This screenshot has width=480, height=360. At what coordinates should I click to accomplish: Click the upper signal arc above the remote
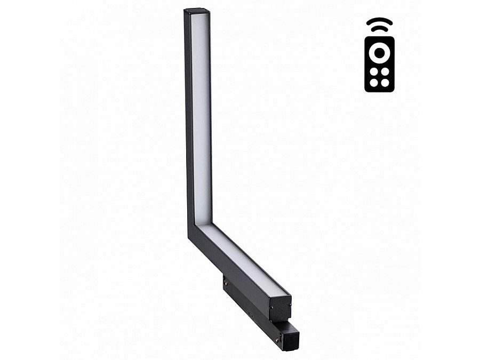379,21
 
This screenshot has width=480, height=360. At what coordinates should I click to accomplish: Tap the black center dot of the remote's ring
379,52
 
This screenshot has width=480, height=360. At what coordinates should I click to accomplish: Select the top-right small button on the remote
385,71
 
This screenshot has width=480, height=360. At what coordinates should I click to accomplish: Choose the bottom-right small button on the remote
385,83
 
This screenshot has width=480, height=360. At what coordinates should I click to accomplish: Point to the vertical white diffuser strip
201,117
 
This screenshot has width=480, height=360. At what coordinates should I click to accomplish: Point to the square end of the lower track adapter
291,336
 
